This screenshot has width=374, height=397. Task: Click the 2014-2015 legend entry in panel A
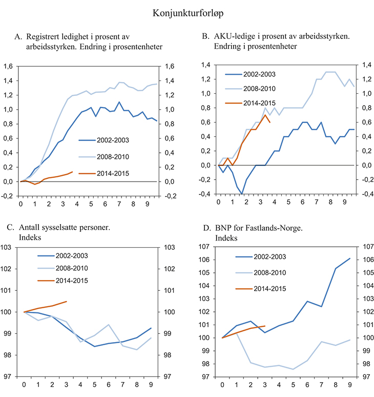111,173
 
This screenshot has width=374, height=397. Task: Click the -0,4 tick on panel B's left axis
205,194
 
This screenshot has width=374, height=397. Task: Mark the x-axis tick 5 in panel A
91,204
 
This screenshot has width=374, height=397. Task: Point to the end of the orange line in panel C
67,302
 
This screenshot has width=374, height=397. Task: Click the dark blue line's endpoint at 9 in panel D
350,259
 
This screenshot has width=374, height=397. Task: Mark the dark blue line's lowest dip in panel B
241,194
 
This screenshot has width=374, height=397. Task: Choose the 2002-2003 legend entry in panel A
111,139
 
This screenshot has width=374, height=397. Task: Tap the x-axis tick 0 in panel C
24,385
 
